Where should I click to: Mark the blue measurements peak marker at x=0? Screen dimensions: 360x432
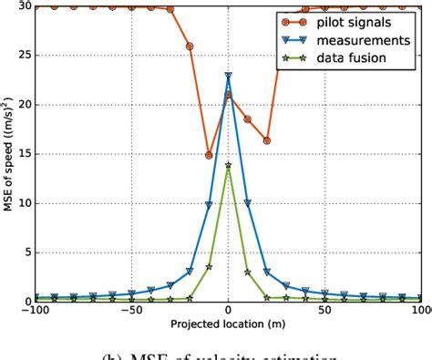[229, 77]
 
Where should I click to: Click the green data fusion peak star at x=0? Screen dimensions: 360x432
[229, 165]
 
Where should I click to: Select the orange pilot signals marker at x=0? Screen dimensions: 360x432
[229, 95]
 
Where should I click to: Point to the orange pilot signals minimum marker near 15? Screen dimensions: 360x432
[210, 156]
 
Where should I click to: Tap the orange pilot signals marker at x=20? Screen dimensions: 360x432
[267, 141]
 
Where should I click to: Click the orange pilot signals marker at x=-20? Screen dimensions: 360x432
[190, 46]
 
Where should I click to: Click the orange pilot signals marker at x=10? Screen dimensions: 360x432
[248, 119]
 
